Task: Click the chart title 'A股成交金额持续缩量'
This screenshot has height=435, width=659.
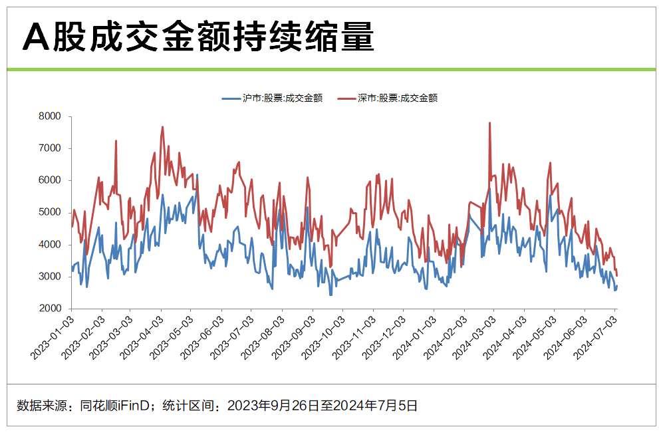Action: pos(198,38)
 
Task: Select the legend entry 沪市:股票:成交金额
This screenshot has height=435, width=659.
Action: pos(273,98)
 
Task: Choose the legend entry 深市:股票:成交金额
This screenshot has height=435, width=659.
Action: pos(388,98)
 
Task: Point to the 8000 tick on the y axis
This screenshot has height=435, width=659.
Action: pos(50,116)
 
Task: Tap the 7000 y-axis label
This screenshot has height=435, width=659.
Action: pos(50,148)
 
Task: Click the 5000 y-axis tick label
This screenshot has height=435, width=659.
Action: pos(50,212)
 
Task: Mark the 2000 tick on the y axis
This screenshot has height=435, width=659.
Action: pos(50,309)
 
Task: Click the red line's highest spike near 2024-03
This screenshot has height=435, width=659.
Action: pos(490,123)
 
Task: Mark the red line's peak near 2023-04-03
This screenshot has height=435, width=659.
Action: pos(162,127)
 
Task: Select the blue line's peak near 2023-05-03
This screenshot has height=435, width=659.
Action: pos(198,175)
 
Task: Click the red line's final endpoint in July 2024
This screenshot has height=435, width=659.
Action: pos(617,275)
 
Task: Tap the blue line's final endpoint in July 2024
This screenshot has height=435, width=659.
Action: pos(617,286)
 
